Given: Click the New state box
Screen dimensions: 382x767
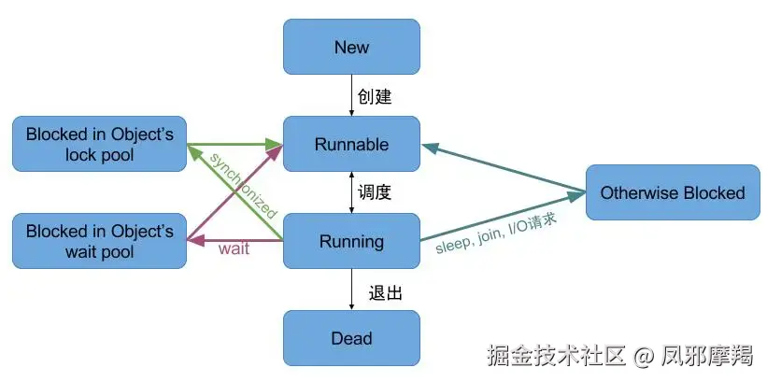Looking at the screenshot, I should (351, 47).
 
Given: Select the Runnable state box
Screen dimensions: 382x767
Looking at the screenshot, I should (351, 145).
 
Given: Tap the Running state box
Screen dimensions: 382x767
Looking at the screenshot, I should (351, 242).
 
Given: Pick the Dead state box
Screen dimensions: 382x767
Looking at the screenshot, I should (351, 338).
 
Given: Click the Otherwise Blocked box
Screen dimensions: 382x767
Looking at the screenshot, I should (672, 193).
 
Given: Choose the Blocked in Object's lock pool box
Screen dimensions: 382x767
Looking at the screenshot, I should (99, 145).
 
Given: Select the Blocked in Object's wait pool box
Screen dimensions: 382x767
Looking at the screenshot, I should (99, 241).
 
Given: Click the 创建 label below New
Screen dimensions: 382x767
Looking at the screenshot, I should (375, 96).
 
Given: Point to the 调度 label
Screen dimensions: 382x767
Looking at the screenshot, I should (375, 193).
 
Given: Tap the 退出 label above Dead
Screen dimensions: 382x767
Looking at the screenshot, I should (385, 292).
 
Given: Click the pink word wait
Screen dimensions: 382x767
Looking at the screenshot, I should (234, 250).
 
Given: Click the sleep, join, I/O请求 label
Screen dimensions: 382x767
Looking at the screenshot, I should (496, 234).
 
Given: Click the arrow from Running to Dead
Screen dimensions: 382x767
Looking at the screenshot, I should (351, 290).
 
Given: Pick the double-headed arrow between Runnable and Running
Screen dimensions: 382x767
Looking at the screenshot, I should (351, 193).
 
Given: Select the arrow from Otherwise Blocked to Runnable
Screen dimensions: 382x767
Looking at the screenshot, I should (504, 169).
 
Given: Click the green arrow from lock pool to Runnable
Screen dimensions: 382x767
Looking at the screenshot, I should (234, 145).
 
